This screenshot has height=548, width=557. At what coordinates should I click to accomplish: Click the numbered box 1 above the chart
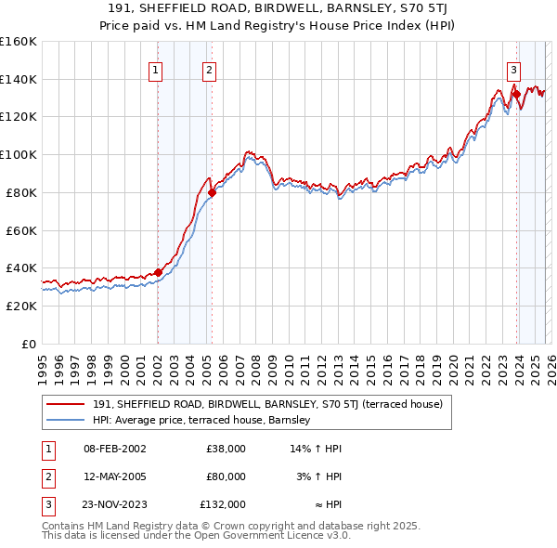pyautogui.click(x=155, y=70)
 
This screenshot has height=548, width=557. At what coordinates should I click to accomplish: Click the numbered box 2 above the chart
pyautogui.click(x=210, y=70)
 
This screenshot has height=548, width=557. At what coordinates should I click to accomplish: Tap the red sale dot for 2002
pyautogui.click(x=158, y=272)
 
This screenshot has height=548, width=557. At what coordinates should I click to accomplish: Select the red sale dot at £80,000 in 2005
pyautogui.click(x=212, y=193)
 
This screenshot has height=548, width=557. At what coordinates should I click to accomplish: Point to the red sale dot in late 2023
pyautogui.click(x=515, y=94)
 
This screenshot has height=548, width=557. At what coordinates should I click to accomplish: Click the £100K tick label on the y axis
pyautogui.click(x=18, y=154)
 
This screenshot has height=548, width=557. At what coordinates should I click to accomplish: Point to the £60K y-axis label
pyautogui.click(x=20, y=230)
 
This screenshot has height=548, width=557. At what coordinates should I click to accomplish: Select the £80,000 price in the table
pyautogui.click(x=226, y=476)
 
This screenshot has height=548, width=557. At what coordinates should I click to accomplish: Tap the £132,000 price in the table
pyautogui.click(x=223, y=504)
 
